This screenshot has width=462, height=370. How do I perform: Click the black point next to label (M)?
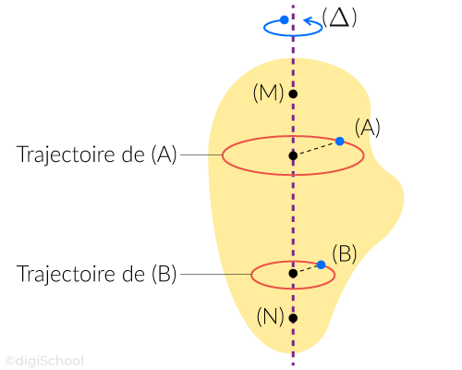[293, 93]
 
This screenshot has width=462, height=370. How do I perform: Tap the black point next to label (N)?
[293, 318]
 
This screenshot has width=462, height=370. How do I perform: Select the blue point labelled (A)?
[340, 142]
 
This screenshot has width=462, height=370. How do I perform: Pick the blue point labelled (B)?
[322, 265]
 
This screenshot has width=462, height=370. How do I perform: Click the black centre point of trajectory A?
[293, 155]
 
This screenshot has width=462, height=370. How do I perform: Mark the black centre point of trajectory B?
[293, 273]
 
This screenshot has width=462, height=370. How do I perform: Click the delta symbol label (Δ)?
[339, 18]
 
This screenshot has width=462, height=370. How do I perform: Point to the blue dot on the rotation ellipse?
[285, 20]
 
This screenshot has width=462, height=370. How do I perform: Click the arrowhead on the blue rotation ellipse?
[309, 21]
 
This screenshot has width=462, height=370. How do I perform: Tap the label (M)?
[268, 93]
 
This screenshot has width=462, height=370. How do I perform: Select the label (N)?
[271, 316]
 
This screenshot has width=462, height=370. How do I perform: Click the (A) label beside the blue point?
[368, 128]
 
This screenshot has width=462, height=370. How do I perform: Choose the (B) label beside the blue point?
[345, 253]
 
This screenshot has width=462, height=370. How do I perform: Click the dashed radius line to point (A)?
[317, 149]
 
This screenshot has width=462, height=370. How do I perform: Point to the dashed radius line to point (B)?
[308, 269]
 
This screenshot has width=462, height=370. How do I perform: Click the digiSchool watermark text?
[45, 361]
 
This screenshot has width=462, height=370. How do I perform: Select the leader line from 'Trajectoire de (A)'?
[201, 154]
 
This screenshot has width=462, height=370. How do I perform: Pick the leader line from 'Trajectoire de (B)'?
[216, 274]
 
